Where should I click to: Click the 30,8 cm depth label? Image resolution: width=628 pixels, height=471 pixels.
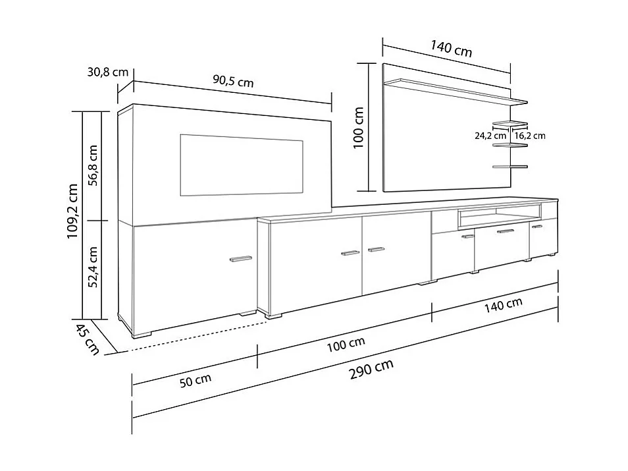pos(107,72)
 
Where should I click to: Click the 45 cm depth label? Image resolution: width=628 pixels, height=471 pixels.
pos(87,339)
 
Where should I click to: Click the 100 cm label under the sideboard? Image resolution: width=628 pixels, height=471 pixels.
pos(346,343)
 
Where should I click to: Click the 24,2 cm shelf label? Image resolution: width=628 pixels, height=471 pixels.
pos(490,136)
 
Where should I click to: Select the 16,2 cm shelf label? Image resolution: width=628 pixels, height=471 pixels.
pos(530,136)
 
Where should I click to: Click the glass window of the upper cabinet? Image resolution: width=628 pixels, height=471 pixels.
pos(241,166)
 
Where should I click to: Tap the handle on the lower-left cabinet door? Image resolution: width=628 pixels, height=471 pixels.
pos(240,258)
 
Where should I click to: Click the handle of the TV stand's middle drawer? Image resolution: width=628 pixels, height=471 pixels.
pos(505,232)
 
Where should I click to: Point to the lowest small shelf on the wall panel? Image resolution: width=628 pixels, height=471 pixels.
pos(510,167)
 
